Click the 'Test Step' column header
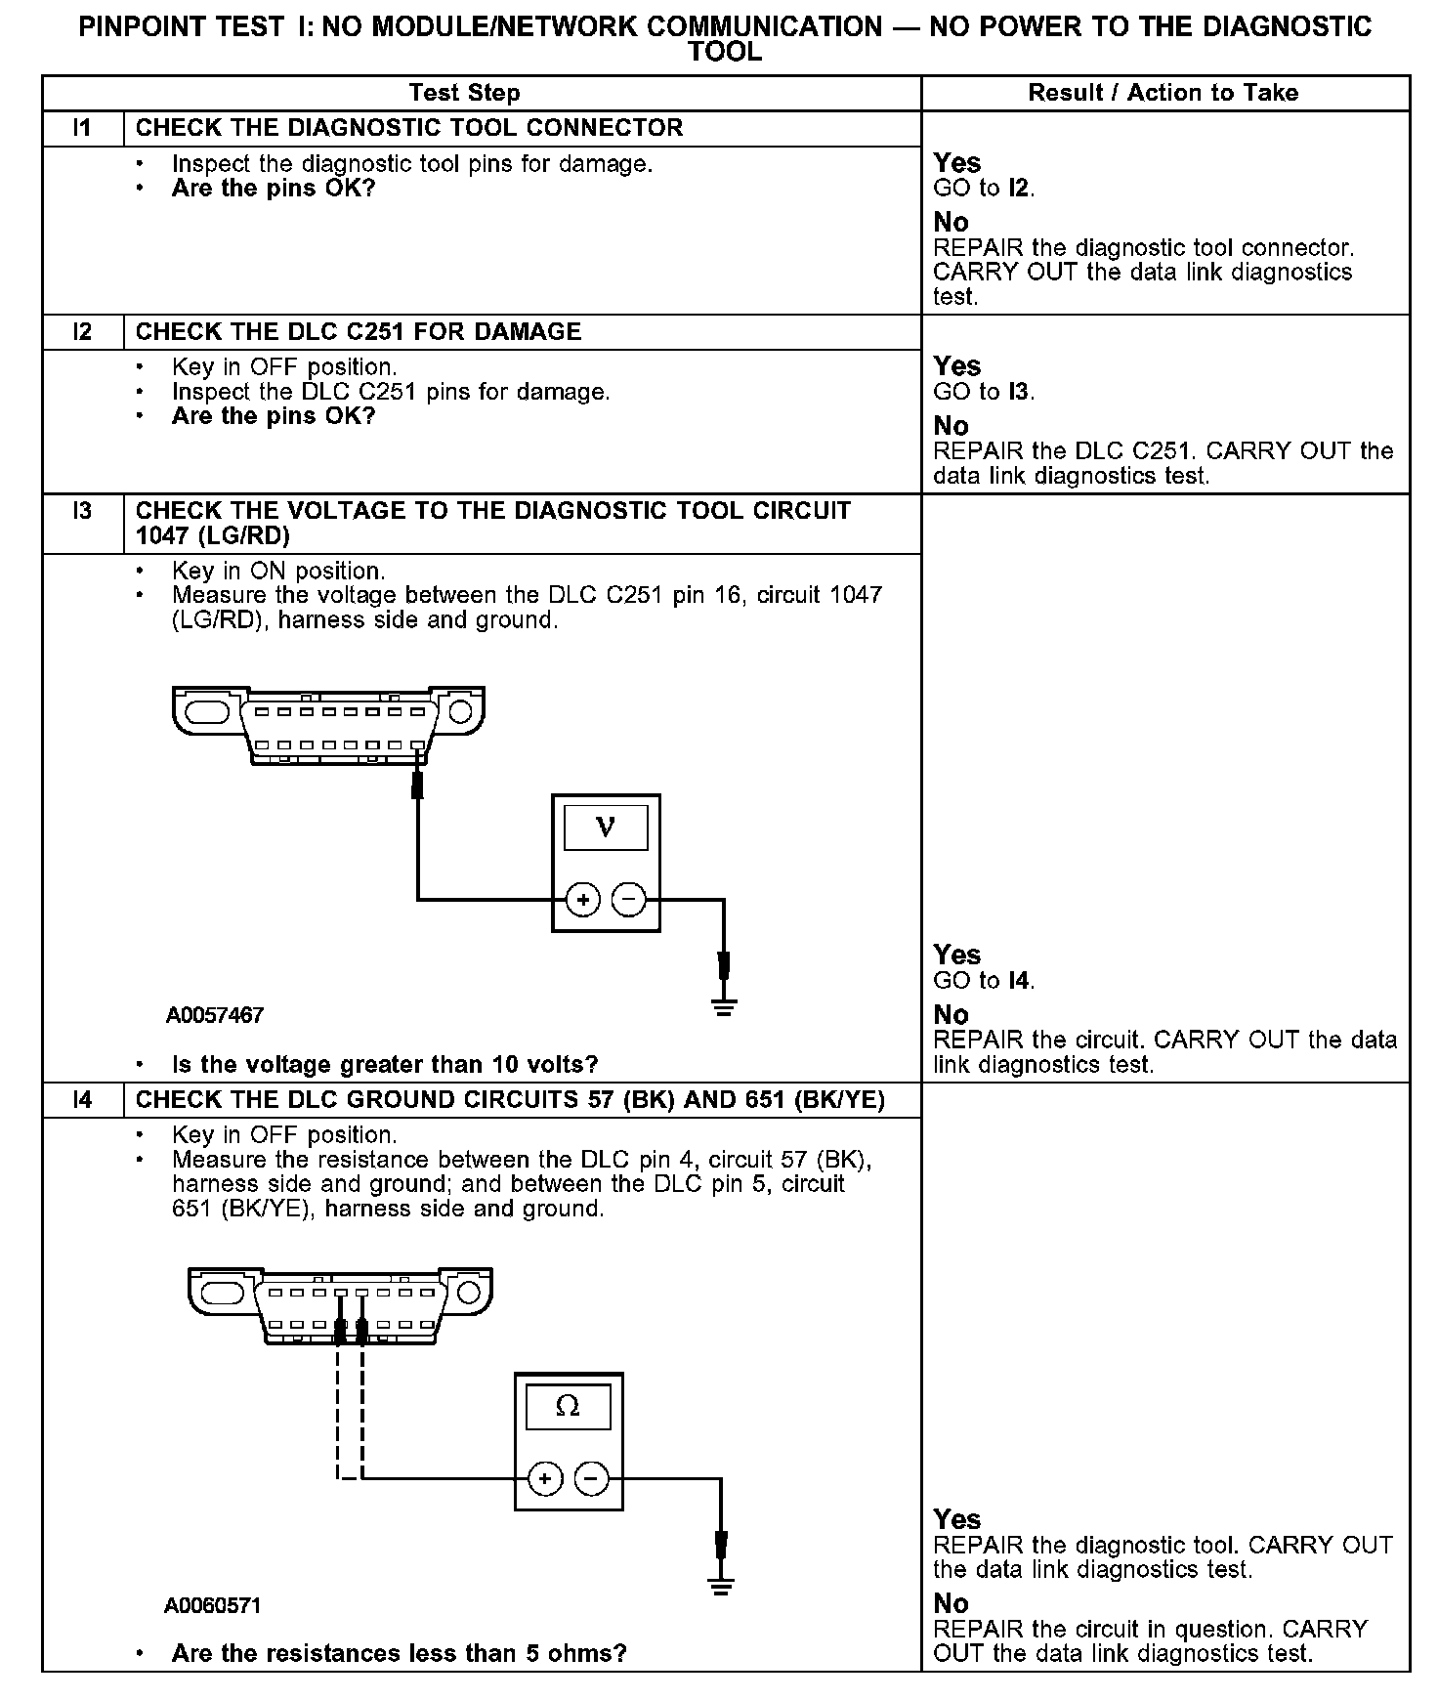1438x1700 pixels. point(464,93)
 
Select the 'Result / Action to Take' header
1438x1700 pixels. point(1163,93)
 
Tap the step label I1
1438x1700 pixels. point(83,128)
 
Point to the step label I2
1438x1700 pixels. point(83,332)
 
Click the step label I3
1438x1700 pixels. point(83,511)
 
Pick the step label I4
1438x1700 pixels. point(83,1100)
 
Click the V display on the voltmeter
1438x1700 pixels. point(606,828)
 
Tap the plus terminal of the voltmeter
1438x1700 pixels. point(582,900)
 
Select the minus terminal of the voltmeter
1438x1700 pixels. point(629,900)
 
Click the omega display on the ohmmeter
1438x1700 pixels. point(568,1407)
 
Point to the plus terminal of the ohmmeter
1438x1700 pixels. point(545,1479)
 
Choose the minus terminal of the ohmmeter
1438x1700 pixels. point(591,1479)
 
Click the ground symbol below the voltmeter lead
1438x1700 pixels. point(723,1006)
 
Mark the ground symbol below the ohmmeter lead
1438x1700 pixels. point(721,1587)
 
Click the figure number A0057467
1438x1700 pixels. point(215,1015)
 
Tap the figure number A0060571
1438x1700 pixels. point(213,1606)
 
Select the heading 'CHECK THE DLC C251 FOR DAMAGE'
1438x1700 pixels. point(359,332)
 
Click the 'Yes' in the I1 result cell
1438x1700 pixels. point(956,163)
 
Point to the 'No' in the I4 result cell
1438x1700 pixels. point(951,1603)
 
